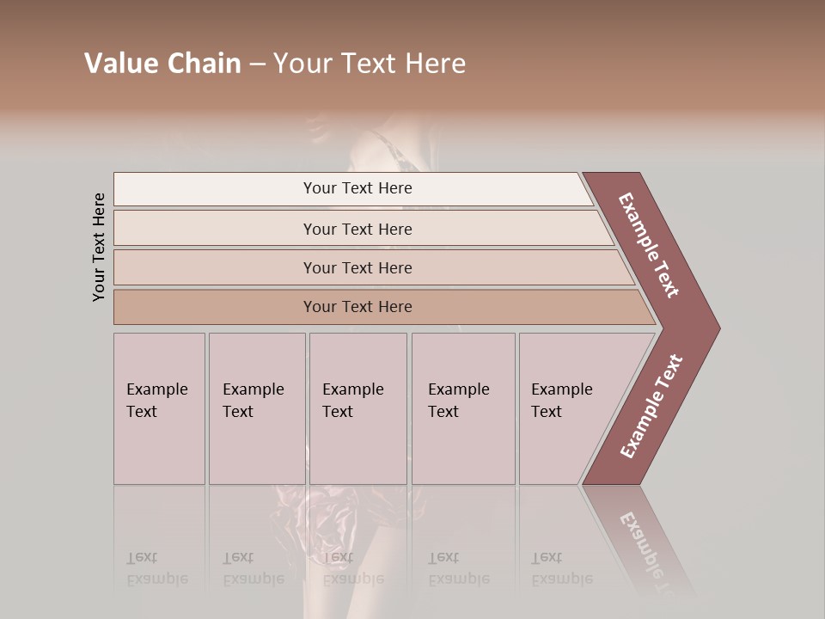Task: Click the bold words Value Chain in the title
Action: (x=162, y=64)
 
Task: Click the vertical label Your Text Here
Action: (x=99, y=247)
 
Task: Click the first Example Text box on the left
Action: (x=159, y=408)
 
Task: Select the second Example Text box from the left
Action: (x=257, y=408)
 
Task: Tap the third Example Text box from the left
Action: (x=357, y=408)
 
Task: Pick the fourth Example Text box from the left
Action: (x=463, y=408)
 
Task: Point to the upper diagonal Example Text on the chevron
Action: (x=649, y=245)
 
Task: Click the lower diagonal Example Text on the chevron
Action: (x=651, y=407)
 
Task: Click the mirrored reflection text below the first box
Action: (x=157, y=568)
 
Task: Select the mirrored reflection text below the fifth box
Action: (x=561, y=568)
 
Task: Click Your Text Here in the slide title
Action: (x=370, y=64)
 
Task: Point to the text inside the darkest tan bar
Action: (x=357, y=307)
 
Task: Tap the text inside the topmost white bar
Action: (x=357, y=188)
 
